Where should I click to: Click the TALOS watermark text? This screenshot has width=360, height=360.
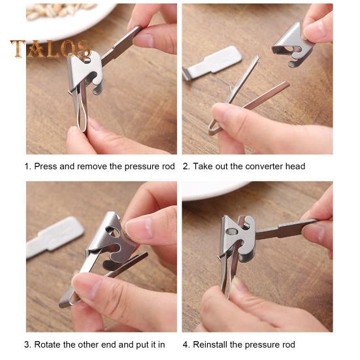click(50, 49)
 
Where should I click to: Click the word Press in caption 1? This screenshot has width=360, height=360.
click(45, 167)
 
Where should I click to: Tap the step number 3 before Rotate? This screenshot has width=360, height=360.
click(27, 344)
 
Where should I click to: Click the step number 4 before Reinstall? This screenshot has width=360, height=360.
click(186, 344)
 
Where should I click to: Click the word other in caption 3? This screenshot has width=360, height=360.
click(88, 344)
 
